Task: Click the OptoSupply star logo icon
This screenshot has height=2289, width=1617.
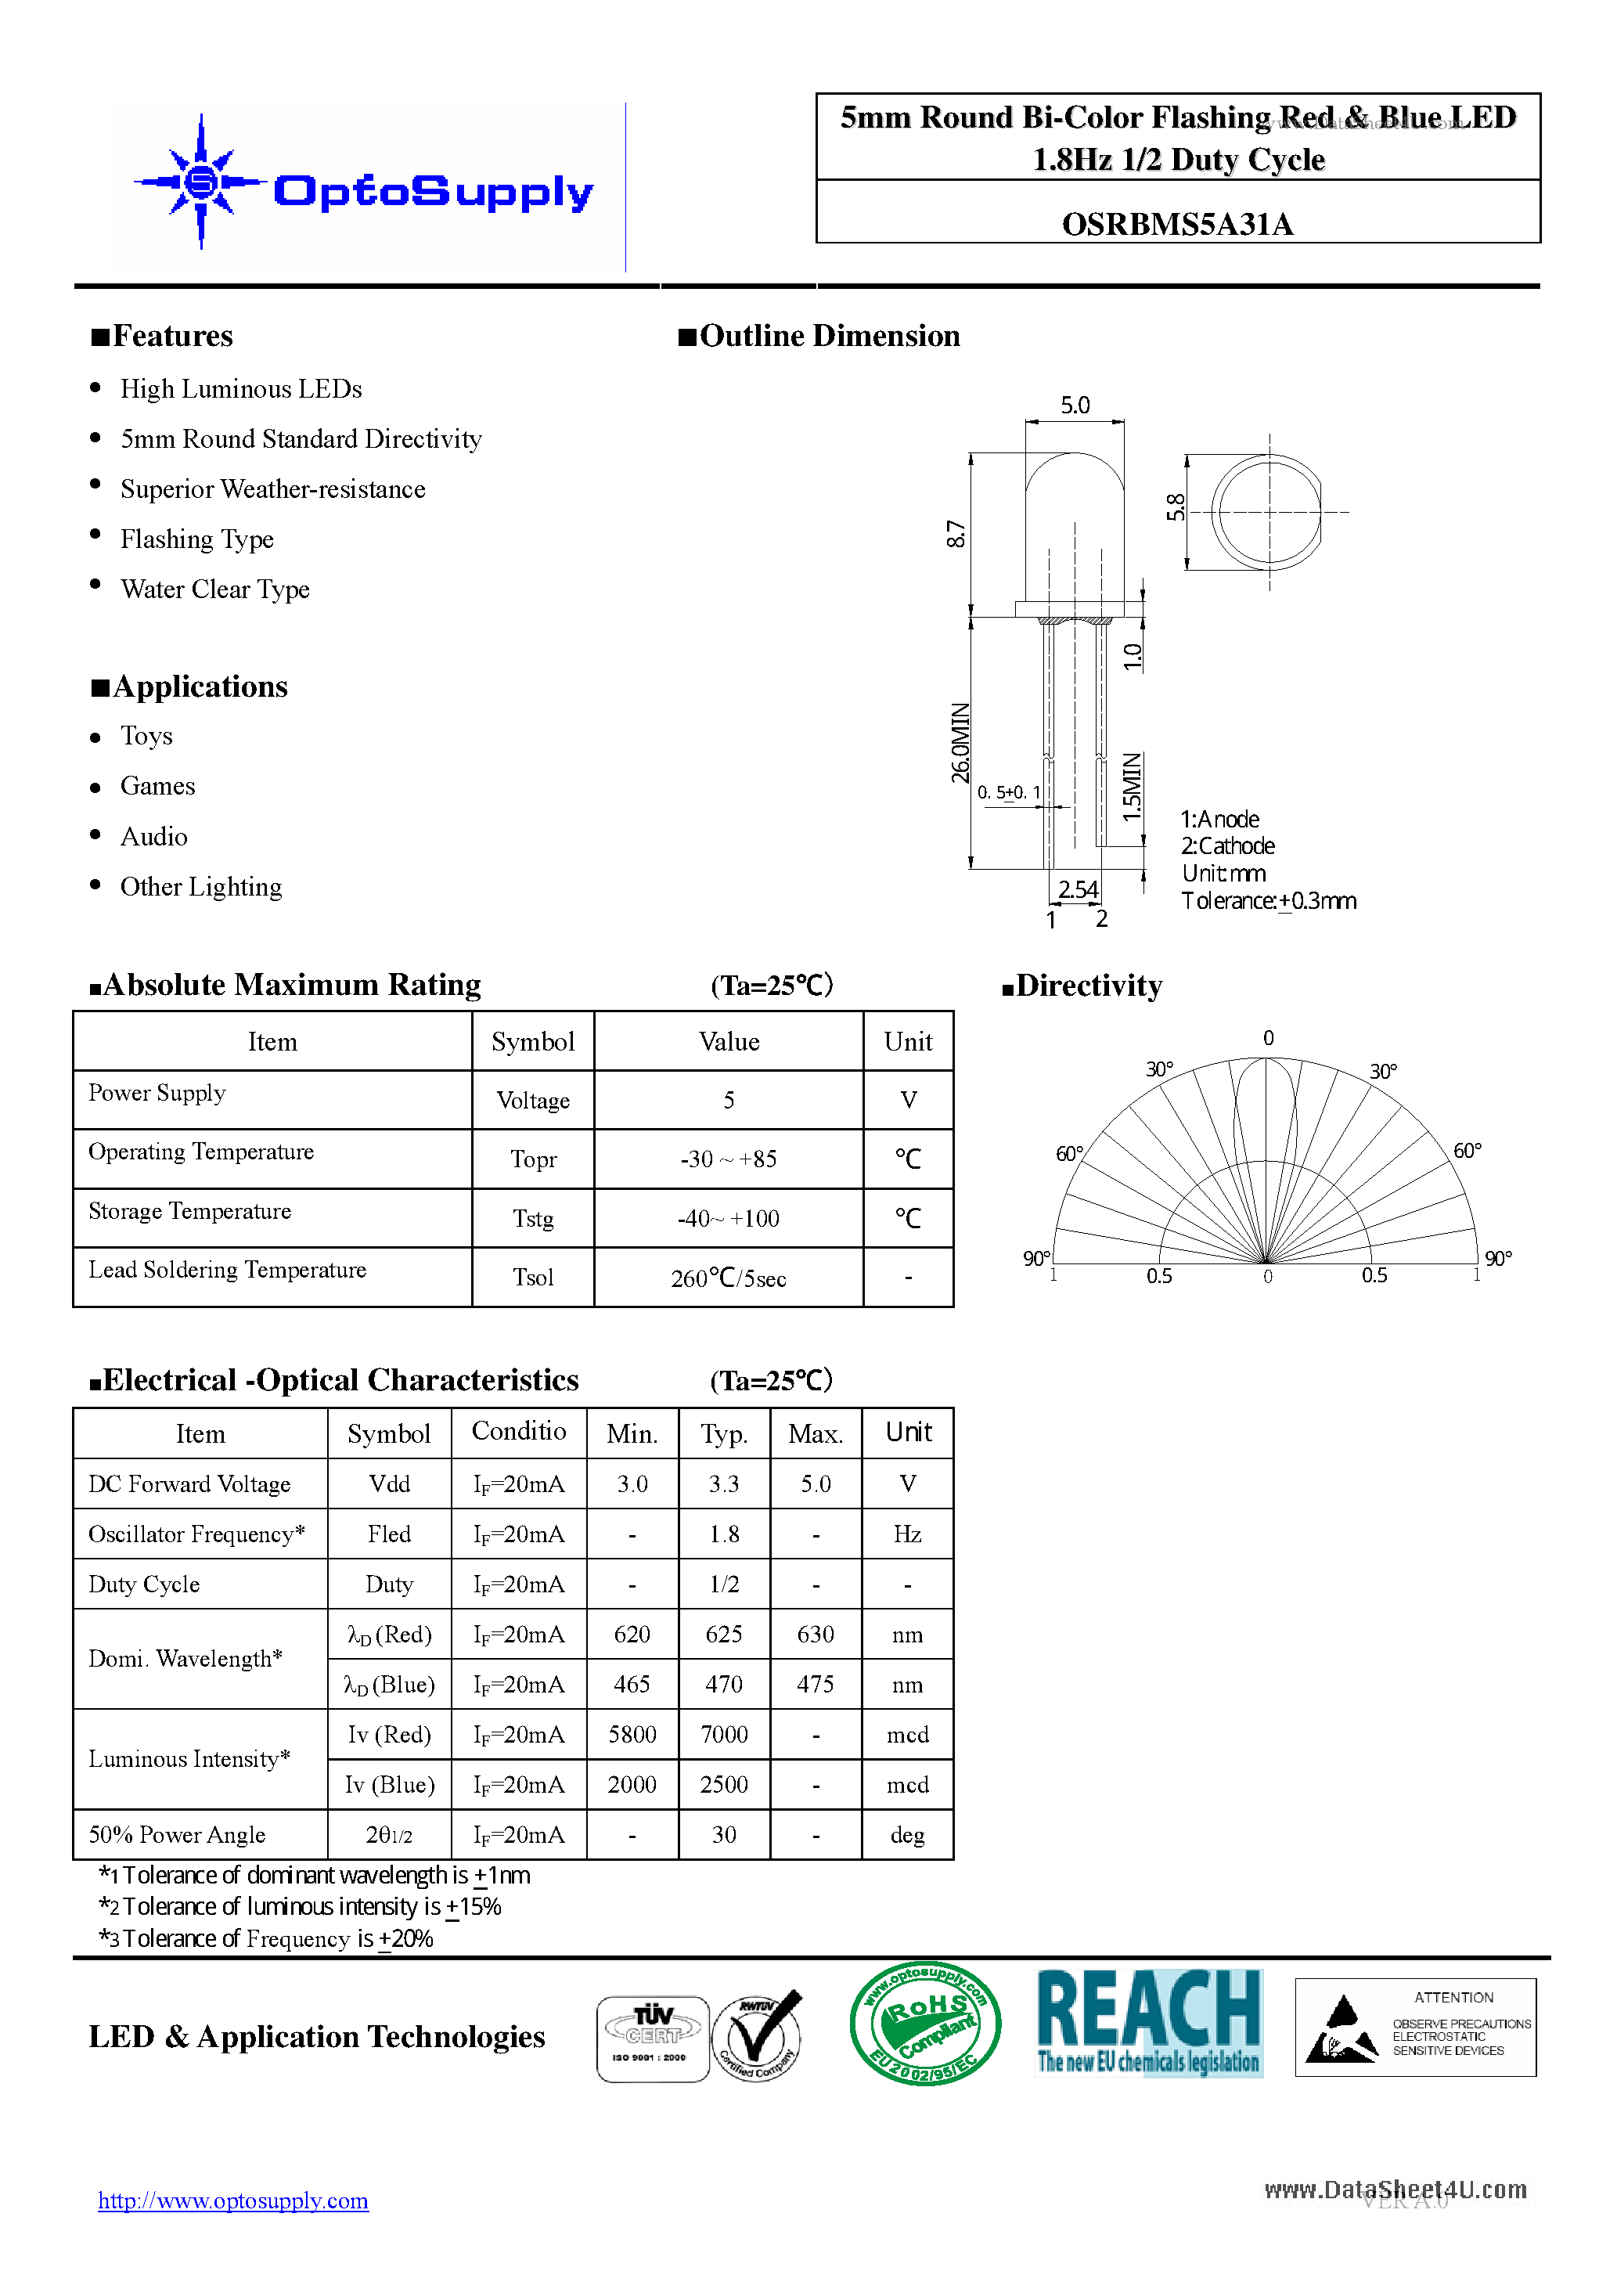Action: click(201, 182)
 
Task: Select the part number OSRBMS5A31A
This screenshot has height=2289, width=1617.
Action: click(1176, 225)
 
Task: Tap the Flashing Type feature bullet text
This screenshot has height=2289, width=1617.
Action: click(196, 539)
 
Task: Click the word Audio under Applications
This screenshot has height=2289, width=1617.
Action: click(153, 836)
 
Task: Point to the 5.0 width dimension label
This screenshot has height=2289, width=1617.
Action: click(1074, 405)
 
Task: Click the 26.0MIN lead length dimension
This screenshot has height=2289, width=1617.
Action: click(959, 743)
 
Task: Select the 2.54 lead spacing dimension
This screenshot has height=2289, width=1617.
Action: click(1077, 889)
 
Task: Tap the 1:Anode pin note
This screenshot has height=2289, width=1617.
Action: click(1219, 820)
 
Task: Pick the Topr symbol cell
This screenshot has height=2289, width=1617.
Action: click(533, 1159)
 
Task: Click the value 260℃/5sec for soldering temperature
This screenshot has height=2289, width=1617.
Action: click(728, 1278)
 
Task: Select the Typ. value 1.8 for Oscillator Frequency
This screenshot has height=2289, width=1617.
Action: click(724, 1534)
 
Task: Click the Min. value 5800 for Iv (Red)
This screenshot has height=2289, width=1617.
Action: click(632, 1735)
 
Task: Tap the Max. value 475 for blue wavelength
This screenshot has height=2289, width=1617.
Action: click(815, 1685)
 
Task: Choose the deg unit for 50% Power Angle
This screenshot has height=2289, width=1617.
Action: click(906, 1836)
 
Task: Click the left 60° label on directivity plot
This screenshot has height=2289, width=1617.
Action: click(1068, 1153)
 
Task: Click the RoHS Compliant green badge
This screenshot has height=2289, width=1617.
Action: click(924, 2024)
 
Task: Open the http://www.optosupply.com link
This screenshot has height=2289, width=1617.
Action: click(233, 2201)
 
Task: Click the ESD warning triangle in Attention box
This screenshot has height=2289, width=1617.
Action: click(1341, 2030)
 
